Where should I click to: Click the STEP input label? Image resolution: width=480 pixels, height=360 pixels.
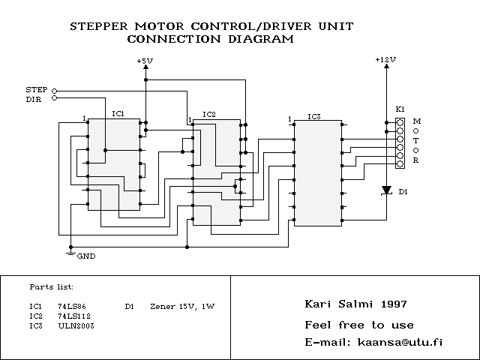pos(36,90)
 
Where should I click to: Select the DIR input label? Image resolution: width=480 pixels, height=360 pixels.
pos(34,98)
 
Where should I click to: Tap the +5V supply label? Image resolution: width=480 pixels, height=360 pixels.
pos(145,60)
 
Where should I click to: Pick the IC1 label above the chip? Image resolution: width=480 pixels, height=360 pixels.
pos(118,113)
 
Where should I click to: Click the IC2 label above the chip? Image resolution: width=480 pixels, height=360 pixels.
pos(209,114)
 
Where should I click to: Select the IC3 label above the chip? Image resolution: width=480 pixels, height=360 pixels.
pos(314,117)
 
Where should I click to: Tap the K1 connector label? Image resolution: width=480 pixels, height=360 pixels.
pos(400,109)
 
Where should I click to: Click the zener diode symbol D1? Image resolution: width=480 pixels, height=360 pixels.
pos(386,190)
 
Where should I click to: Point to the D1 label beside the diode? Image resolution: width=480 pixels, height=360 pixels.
pos(403,192)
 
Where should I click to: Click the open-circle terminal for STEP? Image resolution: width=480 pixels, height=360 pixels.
pos(54,91)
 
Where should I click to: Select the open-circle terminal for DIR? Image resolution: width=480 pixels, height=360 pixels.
pos(54,98)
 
